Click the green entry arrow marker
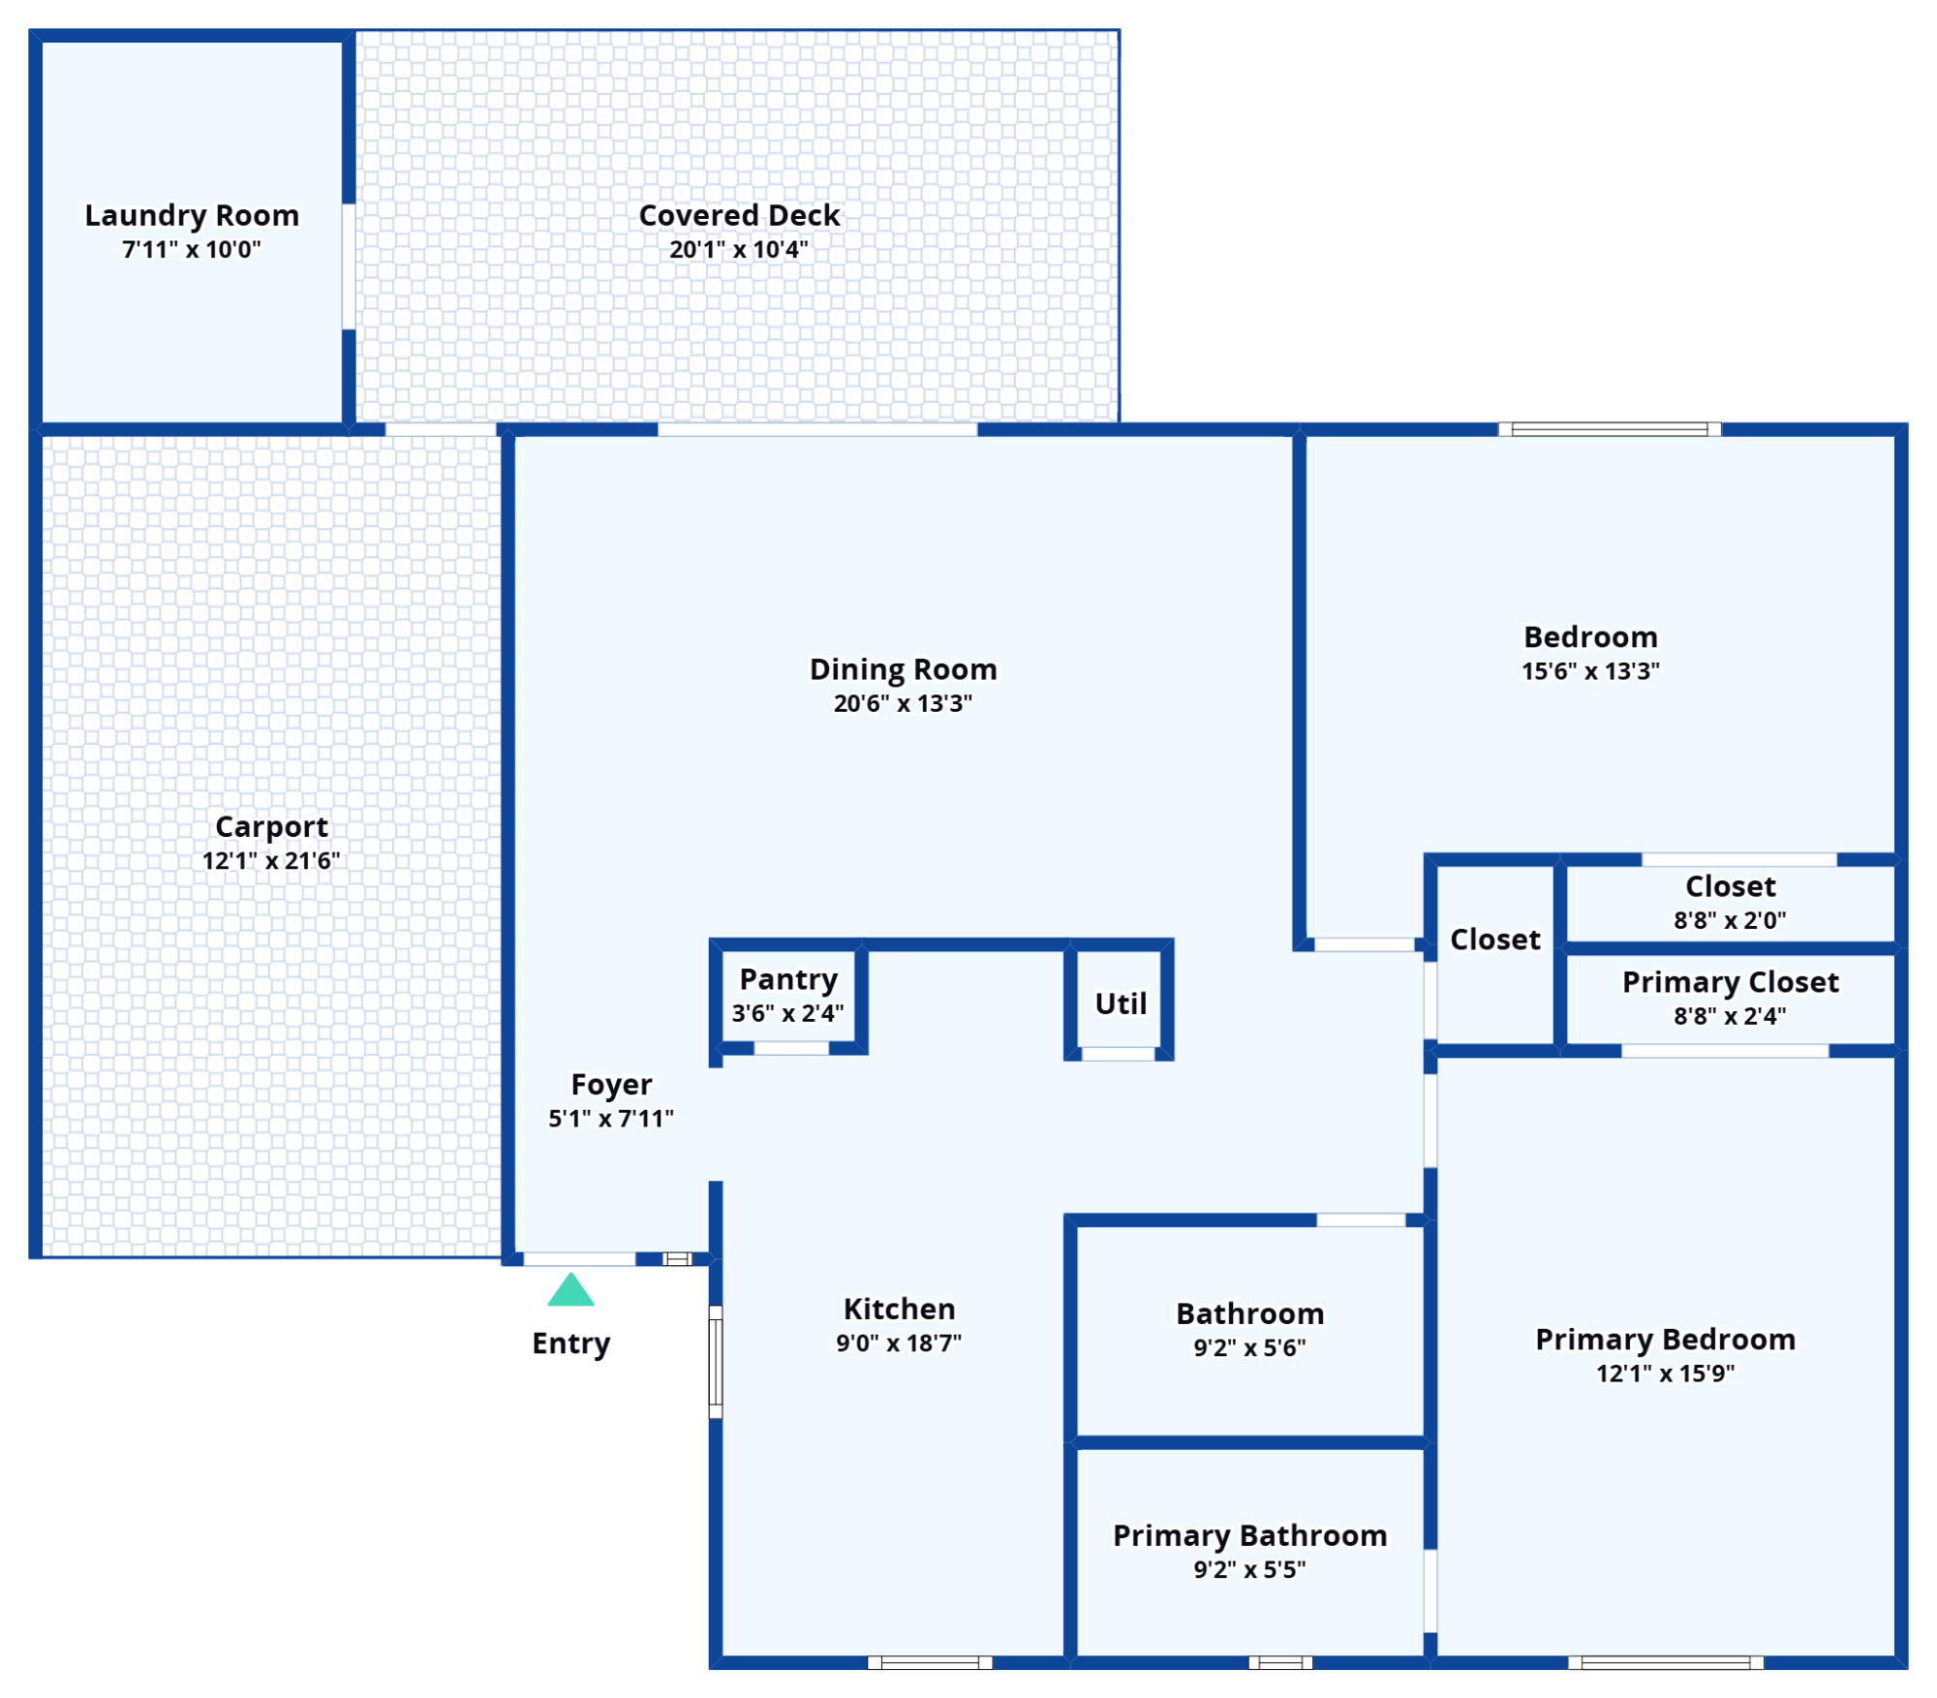(570, 1290)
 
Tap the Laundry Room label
(192, 215)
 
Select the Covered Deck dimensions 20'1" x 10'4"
(739, 250)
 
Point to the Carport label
(271, 826)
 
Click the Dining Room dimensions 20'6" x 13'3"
(903, 703)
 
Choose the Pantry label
(788, 979)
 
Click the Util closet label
(1121, 1003)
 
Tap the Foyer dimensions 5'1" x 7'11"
(611, 1119)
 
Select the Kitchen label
(899, 1309)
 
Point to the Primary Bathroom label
(1249, 1535)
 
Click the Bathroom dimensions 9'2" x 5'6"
(1249, 1347)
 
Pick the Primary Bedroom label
(1665, 1340)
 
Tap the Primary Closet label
(1730, 982)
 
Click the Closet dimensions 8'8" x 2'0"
(1730, 920)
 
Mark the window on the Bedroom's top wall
(1610, 429)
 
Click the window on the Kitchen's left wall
(716, 1362)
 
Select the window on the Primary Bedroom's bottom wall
(1666, 1663)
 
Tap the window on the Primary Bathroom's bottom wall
(1280, 1663)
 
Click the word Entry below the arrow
(570, 1344)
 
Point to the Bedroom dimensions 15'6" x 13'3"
(1590, 671)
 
